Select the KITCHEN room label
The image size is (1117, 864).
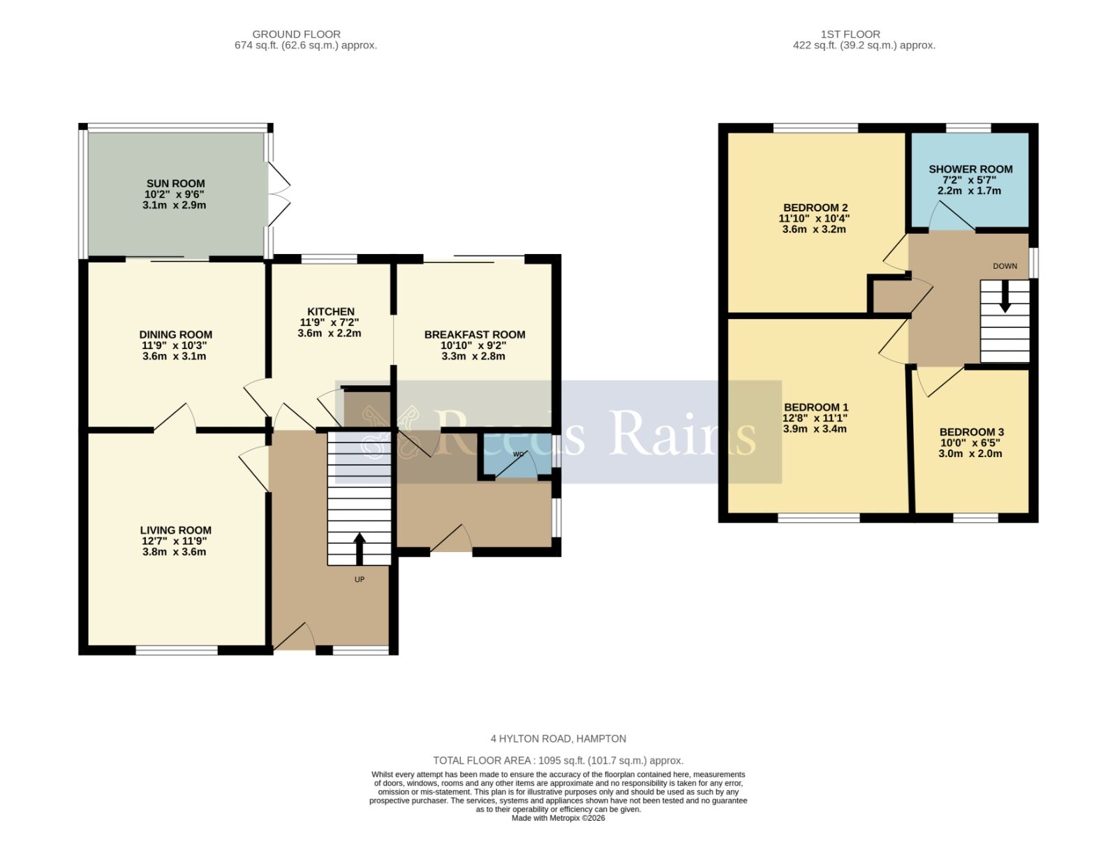331,311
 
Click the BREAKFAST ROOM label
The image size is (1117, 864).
475,335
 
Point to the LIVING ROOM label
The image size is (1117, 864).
175,530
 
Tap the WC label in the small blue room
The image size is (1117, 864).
519,454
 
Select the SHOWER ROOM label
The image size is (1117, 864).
970,169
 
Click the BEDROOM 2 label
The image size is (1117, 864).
815,207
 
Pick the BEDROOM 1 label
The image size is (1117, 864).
816,408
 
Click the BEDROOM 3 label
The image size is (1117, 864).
971,432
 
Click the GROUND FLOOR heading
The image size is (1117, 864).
296,33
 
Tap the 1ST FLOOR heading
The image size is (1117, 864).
850,33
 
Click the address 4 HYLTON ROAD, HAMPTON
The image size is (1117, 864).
558,738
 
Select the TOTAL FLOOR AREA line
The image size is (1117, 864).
558,761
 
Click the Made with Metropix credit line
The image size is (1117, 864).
558,818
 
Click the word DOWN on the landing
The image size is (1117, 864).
1005,266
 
